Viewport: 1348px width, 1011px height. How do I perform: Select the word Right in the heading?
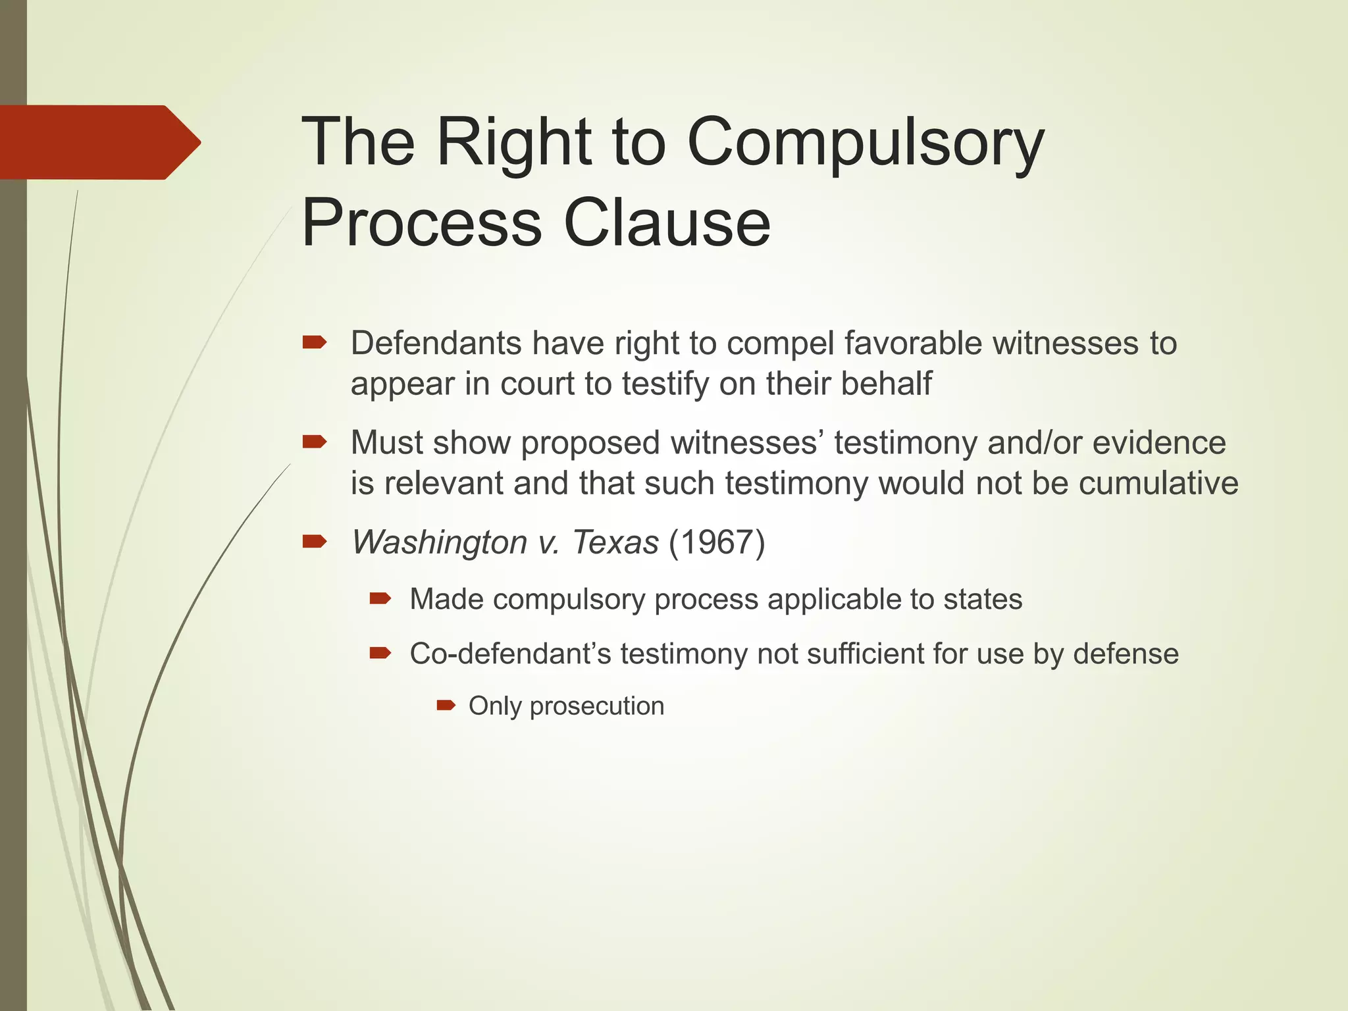514,143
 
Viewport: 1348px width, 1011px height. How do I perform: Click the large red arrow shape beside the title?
99,142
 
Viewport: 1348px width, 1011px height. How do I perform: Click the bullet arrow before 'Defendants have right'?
314,342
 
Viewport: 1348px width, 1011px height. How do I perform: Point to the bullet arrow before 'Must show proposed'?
314,442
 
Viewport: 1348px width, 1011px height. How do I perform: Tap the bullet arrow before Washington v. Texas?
314,542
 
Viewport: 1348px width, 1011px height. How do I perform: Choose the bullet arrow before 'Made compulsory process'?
380,598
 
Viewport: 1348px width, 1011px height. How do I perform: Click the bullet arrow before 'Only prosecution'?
446,706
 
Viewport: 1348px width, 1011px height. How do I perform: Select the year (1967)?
717,542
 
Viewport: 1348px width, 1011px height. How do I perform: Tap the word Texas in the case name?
615,542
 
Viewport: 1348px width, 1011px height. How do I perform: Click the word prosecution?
597,706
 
